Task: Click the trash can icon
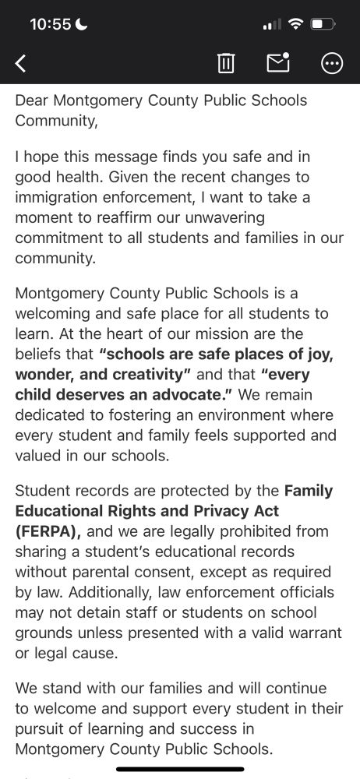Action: [x=226, y=63]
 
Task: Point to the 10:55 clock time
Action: [x=50, y=24]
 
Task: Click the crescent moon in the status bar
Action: [x=83, y=24]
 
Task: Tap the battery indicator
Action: [x=322, y=24]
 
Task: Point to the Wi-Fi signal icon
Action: [x=295, y=24]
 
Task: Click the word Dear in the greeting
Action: [x=31, y=100]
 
